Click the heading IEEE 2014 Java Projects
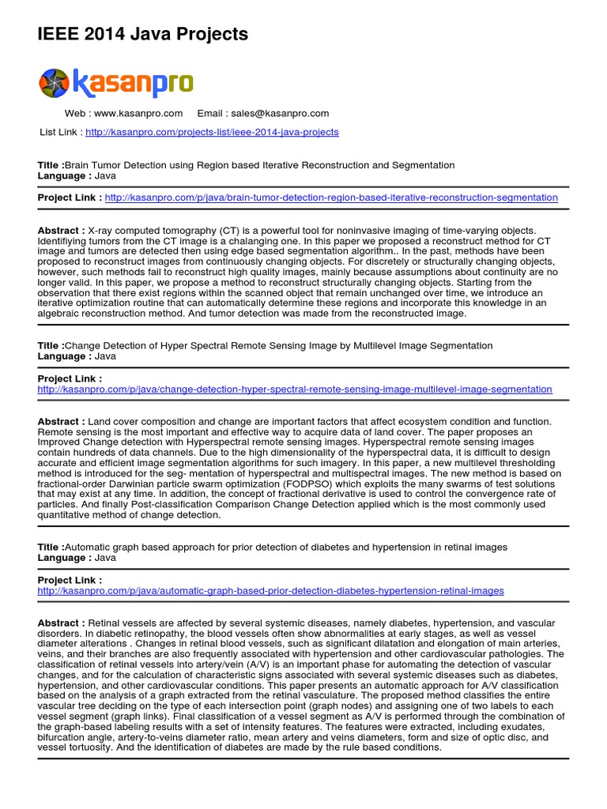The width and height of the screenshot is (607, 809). [143, 34]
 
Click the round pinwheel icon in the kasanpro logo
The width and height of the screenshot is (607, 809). [55, 83]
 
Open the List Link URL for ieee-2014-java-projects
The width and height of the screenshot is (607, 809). [212, 132]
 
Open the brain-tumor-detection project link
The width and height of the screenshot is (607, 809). [330, 198]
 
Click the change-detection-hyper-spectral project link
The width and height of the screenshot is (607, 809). [295, 389]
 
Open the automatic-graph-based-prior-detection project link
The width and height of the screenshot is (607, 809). [270, 591]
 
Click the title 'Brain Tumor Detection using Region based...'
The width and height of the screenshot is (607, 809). [259, 165]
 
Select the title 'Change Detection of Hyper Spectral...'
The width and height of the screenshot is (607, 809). [278, 345]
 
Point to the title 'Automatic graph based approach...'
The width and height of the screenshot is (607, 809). [285, 547]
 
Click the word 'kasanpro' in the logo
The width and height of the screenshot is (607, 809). [133, 83]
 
